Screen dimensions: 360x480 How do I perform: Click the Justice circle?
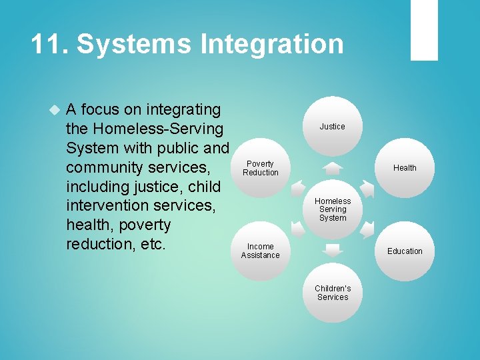pos(332,125)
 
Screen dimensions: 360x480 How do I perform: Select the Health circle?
pos(404,167)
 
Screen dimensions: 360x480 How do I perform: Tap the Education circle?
pos(404,251)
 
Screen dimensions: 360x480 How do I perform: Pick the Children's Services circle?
pos(332,293)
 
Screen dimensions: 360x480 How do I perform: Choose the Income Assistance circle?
pos(261,251)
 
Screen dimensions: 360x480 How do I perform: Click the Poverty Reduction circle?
pos(261,167)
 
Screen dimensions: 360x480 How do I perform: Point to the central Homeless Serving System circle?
pos(332,209)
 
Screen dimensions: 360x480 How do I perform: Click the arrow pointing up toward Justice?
pos(332,168)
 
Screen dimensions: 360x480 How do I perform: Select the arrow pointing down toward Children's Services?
pos(332,250)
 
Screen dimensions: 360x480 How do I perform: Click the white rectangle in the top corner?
pos(424,30)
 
